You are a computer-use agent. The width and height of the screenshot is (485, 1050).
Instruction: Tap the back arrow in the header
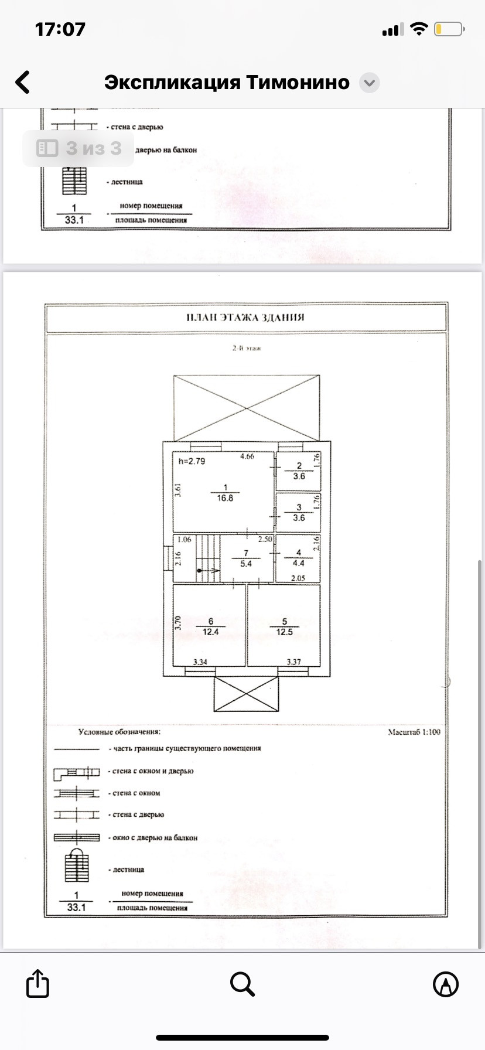point(23,83)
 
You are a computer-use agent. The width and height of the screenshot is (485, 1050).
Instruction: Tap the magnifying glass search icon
point(242,984)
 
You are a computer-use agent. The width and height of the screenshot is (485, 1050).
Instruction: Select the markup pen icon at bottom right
point(446,984)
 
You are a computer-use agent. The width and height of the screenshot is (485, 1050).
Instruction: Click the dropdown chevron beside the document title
point(369,83)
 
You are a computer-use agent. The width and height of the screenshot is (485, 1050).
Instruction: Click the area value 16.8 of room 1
point(225,498)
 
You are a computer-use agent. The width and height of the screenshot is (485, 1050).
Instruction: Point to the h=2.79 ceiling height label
point(192,461)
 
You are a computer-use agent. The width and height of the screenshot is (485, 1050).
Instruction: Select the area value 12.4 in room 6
point(210,632)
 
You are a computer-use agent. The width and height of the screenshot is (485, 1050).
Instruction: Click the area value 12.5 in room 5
point(285,632)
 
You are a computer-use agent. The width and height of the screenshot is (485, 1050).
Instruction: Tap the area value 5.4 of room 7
point(246,564)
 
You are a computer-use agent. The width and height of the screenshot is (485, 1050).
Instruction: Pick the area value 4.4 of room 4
point(298,563)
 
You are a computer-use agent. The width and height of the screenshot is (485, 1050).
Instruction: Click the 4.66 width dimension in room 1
point(247,456)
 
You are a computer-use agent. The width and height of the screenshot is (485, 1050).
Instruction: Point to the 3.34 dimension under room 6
point(200,662)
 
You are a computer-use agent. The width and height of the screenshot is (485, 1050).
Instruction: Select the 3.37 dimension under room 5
point(293,662)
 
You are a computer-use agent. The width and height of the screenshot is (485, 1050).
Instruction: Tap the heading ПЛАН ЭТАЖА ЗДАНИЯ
point(245,318)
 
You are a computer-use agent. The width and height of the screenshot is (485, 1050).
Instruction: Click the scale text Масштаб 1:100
point(414,732)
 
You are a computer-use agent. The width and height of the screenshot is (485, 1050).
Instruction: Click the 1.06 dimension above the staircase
point(184,540)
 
